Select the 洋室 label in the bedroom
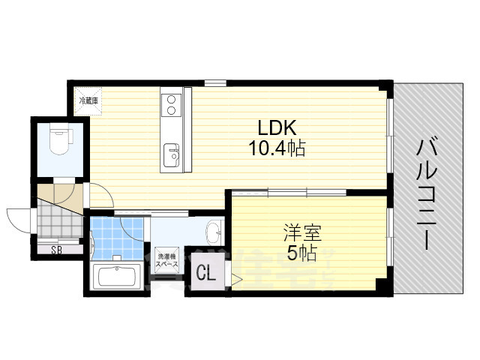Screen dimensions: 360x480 tap(297, 232)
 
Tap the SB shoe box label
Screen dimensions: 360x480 tap(56, 250)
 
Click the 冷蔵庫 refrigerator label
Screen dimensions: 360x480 tap(90, 100)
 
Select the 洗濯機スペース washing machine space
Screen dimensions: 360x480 tap(167, 262)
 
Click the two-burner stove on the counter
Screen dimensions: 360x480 tap(171, 104)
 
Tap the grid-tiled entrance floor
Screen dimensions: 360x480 tap(56, 223)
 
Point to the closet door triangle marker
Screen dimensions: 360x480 tap(236, 281)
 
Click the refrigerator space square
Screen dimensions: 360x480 tap(90, 100)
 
